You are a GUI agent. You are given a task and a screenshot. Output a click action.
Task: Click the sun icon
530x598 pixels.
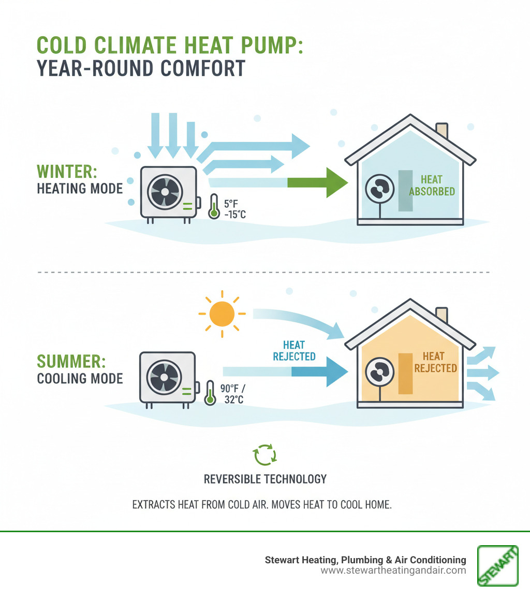[222, 314]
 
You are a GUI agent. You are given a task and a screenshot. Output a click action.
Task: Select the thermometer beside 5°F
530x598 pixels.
[214, 206]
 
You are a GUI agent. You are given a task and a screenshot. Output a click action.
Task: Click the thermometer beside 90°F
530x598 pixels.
[210, 392]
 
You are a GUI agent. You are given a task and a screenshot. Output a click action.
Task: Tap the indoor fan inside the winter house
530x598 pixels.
[379, 190]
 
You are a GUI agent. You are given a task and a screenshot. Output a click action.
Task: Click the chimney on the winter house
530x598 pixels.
[442, 131]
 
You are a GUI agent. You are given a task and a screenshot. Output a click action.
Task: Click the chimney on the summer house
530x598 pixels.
[442, 315]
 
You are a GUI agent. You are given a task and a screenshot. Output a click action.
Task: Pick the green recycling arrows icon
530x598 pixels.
[264, 454]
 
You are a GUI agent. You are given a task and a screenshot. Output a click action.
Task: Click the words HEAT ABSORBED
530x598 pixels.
[432, 186]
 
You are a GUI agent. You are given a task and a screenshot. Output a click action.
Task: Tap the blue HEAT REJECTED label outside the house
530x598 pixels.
[294, 350]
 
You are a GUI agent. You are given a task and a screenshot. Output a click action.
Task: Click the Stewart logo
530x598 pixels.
[498, 565]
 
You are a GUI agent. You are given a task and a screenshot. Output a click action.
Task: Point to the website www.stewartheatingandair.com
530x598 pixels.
[393, 571]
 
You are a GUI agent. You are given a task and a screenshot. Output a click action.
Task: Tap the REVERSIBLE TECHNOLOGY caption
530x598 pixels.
[265, 478]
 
